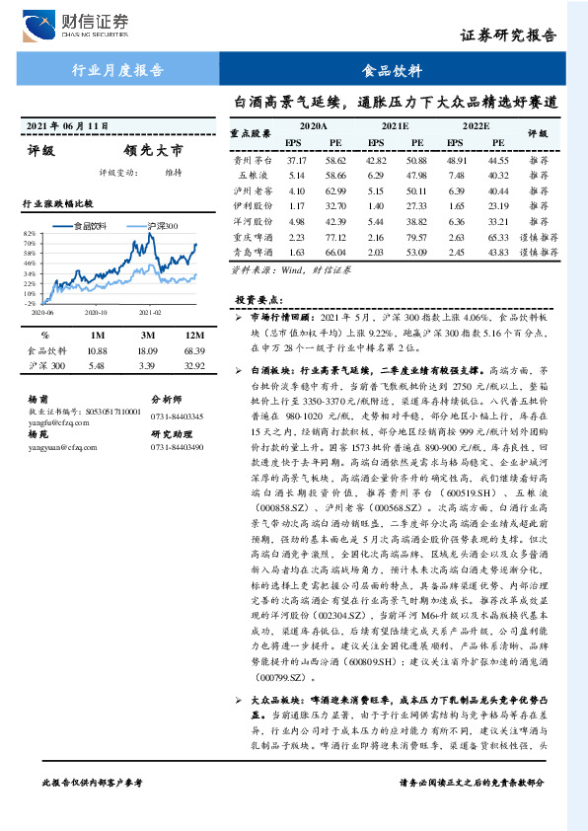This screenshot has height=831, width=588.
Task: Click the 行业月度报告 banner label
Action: point(118,71)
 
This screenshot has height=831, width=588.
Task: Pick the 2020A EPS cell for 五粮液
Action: point(297,175)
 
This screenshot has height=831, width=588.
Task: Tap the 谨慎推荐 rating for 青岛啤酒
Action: point(538,254)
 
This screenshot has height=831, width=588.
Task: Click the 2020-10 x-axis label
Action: point(96,312)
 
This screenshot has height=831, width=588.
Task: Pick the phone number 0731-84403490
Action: point(177,447)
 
